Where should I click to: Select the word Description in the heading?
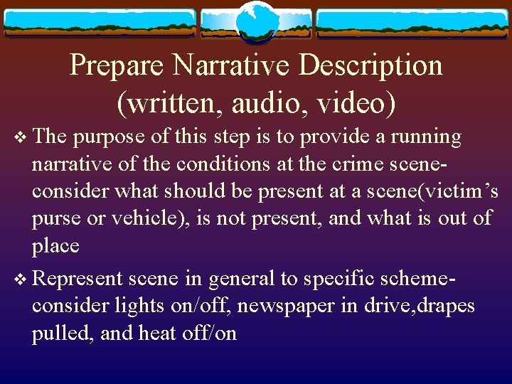pos(370,66)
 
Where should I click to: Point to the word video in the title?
pos(355,103)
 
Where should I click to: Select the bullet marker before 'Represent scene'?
pos(21,279)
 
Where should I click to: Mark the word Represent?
pos(78,278)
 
